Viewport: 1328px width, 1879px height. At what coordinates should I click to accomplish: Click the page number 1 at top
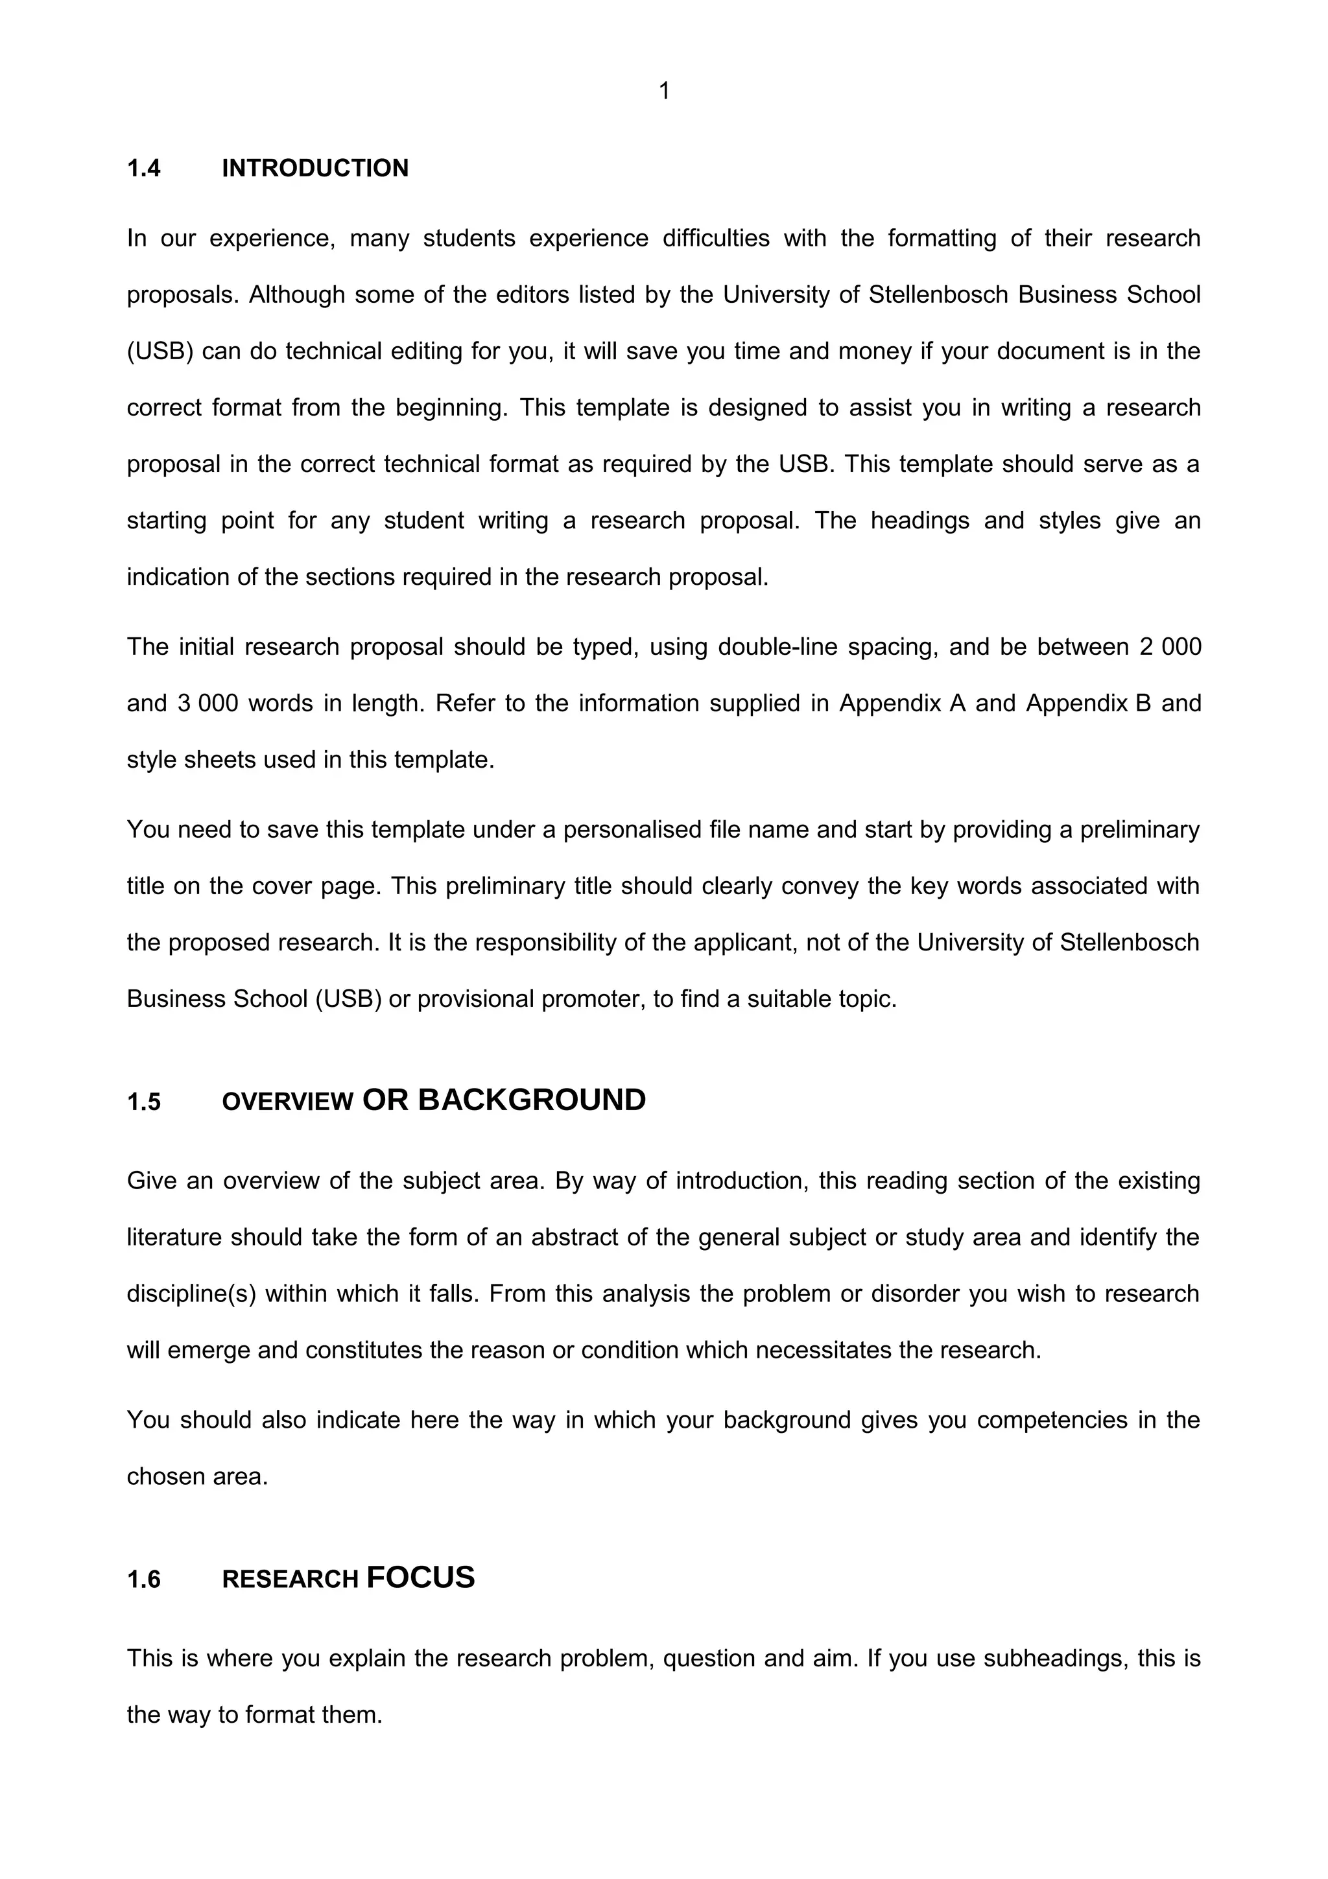point(663,91)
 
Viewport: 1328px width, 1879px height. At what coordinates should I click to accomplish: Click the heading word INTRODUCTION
point(315,169)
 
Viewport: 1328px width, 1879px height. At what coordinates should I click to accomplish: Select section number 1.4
point(144,169)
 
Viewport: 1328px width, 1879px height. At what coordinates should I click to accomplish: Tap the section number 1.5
point(144,1102)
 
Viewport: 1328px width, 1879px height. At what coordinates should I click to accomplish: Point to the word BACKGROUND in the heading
point(532,1100)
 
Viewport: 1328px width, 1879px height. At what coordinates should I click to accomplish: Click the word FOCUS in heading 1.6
point(421,1577)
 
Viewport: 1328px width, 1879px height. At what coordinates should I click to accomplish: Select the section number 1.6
point(144,1579)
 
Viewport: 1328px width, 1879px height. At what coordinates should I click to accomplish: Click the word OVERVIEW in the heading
point(287,1102)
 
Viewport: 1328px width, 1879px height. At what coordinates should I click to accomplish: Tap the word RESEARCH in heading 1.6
point(290,1579)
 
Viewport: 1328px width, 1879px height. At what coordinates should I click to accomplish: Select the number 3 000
point(207,703)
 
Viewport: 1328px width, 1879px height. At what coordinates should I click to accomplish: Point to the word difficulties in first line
point(716,239)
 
